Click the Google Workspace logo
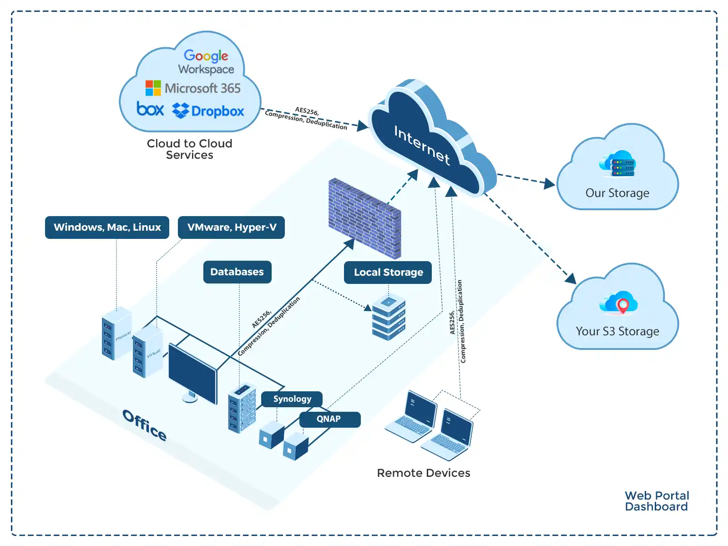click(x=206, y=62)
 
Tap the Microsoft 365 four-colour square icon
click(x=153, y=88)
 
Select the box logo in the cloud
click(x=150, y=109)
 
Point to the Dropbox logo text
click(x=217, y=111)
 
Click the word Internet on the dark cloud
click(x=422, y=145)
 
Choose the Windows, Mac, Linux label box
click(x=107, y=227)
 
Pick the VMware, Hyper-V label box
click(x=232, y=227)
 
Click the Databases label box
click(x=237, y=272)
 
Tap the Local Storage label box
click(x=388, y=273)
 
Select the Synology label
click(x=292, y=399)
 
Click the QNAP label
click(x=329, y=419)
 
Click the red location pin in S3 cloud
click(x=622, y=304)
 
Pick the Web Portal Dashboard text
click(x=657, y=501)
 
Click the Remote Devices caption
click(x=424, y=473)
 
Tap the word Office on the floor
click(x=145, y=425)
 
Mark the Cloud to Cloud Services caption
click(x=190, y=149)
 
